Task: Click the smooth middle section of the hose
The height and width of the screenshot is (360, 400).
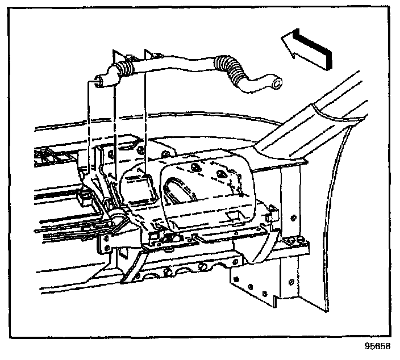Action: pos(176,64)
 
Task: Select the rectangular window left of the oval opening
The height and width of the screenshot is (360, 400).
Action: pos(137,188)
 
